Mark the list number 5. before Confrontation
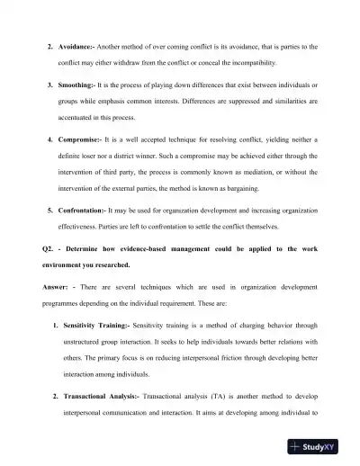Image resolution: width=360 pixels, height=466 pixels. coord(50,210)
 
